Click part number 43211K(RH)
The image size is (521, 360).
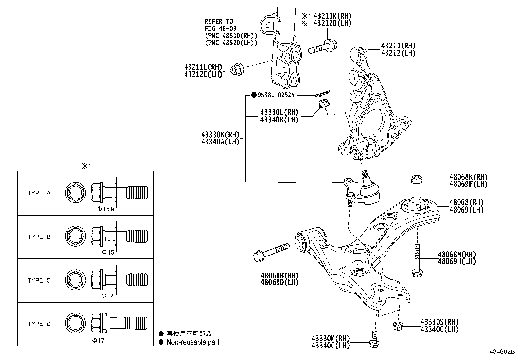332,16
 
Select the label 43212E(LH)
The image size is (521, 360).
203,74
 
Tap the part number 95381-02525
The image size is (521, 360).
276,95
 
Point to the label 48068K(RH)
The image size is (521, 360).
468,177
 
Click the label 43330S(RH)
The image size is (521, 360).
439,322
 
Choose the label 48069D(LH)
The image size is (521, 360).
279,282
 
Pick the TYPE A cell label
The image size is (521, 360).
39,193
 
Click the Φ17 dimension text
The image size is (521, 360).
98,340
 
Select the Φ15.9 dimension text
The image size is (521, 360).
105,209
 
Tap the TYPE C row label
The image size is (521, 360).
39,280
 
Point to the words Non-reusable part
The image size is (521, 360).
193,342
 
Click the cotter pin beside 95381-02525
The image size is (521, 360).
323,94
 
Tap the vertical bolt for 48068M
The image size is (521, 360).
416,260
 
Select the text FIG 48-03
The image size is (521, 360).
220,28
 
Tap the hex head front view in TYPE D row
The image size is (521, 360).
76,324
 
